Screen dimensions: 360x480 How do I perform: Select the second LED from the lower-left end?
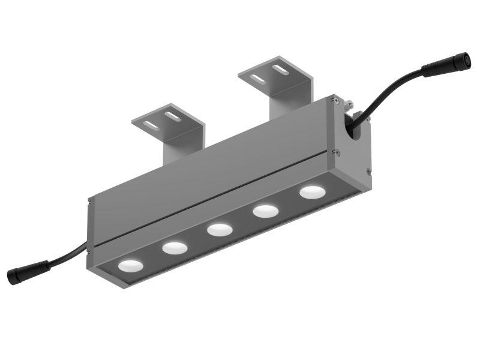[174, 247]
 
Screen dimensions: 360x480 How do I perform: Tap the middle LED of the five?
[220, 229]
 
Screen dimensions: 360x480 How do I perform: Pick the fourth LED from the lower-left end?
[265, 211]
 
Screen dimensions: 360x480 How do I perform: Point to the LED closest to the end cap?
[311, 192]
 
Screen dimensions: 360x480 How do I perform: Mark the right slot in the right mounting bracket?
[280, 69]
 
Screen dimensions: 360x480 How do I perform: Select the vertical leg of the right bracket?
[285, 102]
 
